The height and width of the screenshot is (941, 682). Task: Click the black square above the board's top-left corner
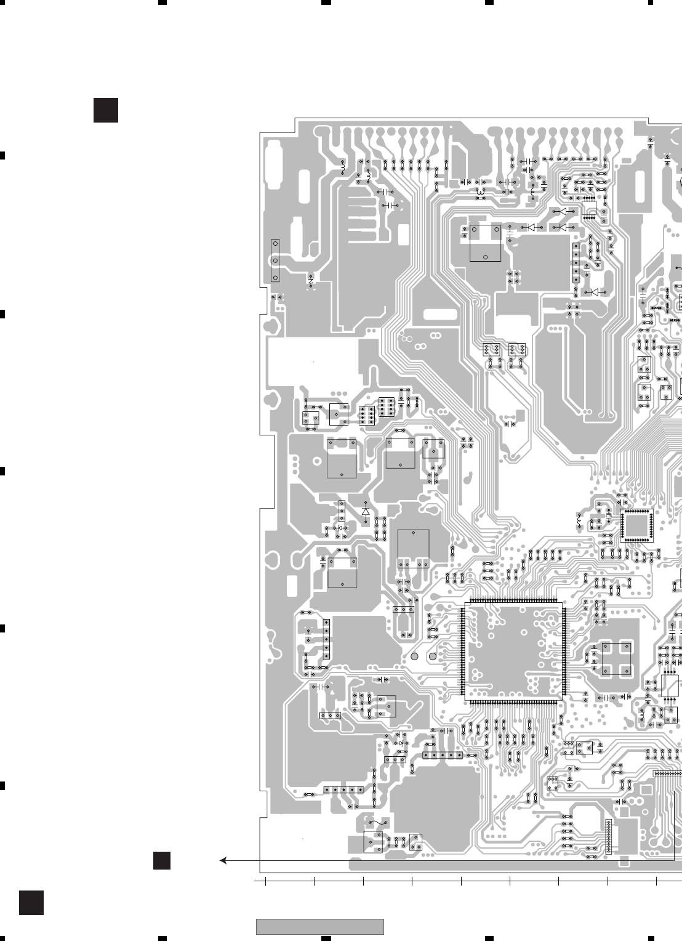tap(105, 110)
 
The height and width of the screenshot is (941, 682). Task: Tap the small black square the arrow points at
tap(162, 860)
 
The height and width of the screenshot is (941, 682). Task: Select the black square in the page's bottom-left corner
tap(31, 903)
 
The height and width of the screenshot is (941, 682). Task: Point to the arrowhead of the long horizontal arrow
tap(223, 860)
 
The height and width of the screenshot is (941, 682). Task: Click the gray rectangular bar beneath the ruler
tap(319, 926)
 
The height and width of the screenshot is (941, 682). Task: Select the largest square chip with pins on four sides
tap(513, 652)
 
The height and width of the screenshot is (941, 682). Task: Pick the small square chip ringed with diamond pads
tap(639, 525)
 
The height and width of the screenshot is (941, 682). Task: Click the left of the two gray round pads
tap(415, 657)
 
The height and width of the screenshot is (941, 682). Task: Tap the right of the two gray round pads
tap(433, 657)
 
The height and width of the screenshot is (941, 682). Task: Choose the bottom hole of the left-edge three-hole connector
tap(275, 277)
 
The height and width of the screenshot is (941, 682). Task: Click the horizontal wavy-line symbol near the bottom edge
tap(377, 822)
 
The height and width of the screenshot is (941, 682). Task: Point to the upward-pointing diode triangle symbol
tap(366, 511)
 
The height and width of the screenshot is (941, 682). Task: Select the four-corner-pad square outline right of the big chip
tap(616, 658)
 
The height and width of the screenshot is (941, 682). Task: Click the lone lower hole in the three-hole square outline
tap(486, 256)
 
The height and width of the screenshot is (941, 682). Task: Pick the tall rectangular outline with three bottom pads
tap(413, 548)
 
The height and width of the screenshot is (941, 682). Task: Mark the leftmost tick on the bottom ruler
tap(265, 882)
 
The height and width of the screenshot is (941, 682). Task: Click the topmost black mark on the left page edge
tap(2, 155)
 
